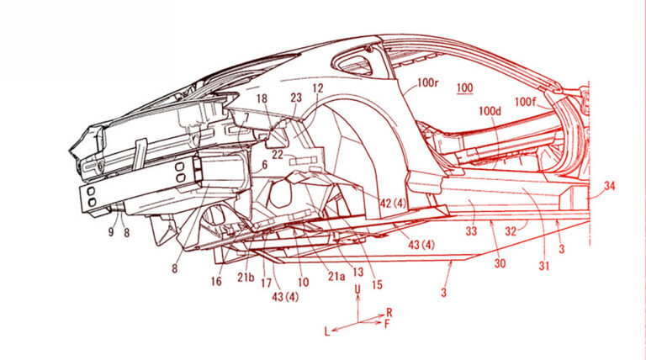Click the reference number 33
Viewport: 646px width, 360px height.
(x=472, y=228)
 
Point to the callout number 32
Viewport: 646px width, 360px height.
(x=510, y=228)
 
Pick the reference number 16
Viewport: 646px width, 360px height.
(x=216, y=283)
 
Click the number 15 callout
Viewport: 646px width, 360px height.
(x=376, y=284)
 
